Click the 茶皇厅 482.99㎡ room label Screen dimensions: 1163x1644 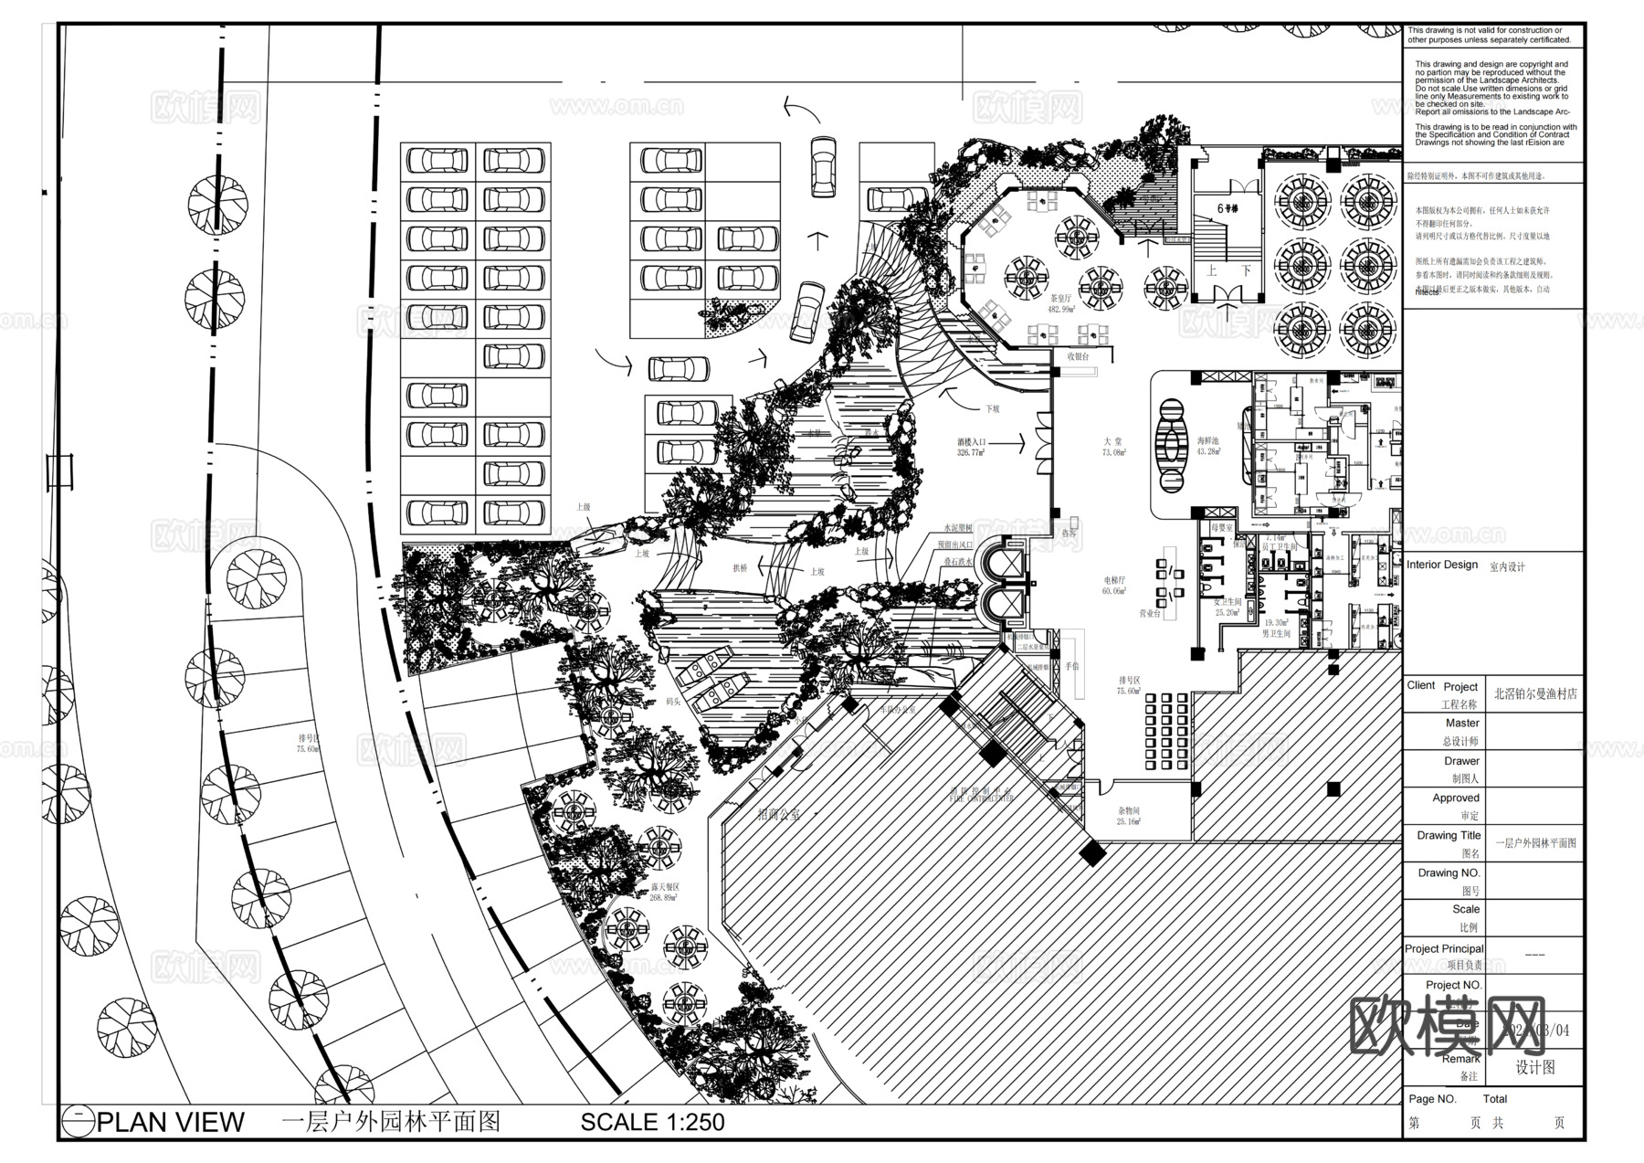(1061, 303)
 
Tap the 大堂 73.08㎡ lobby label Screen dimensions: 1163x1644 (1112, 446)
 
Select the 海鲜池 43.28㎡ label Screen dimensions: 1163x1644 (1208, 446)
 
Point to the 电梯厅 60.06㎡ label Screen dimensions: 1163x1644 (1113, 585)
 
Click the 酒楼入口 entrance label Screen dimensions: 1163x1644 (971, 447)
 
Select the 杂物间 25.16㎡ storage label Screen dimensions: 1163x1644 (1128, 816)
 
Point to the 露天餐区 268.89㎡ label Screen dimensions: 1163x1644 (664, 892)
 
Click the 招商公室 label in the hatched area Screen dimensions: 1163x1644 (778, 814)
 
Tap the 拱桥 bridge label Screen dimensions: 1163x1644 (740, 568)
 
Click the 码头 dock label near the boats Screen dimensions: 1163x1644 (673, 702)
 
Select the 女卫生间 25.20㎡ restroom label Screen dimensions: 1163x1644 (1227, 607)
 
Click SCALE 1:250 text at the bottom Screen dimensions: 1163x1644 (652, 1122)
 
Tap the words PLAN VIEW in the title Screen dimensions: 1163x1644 (171, 1122)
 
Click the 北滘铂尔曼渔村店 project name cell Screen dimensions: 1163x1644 (1535, 693)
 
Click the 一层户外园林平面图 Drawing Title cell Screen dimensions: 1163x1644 (1535, 843)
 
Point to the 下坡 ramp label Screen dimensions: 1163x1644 (992, 408)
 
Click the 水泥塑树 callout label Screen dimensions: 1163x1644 (958, 529)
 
